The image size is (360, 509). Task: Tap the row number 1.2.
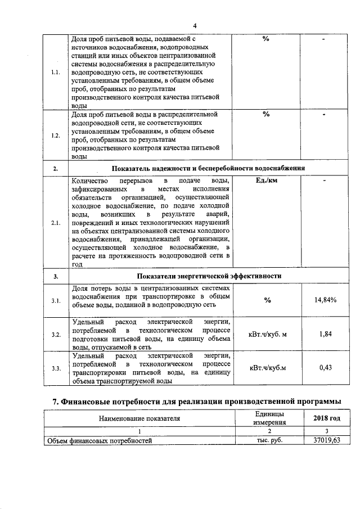coord(56,136)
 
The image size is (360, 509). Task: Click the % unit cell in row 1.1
coord(266,39)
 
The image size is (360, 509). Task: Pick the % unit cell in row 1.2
coord(266,114)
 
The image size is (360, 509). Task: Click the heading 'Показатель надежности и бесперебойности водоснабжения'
coord(208,168)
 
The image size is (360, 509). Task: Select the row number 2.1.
coord(56,223)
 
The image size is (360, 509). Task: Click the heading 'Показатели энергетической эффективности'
coord(209,276)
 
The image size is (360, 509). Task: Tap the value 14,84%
coord(325,300)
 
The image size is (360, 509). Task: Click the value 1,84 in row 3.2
coord(325,335)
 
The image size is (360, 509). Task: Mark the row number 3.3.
coord(56,368)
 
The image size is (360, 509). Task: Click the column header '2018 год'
coord(326,418)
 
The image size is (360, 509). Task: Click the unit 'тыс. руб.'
coord(268,440)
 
